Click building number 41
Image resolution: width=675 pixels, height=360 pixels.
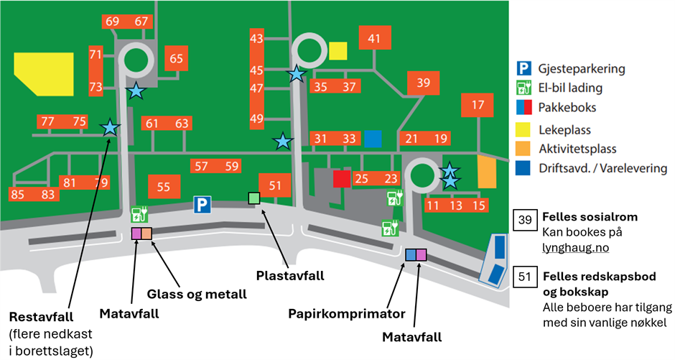pos(373,40)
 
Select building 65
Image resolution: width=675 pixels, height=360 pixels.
pos(176,59)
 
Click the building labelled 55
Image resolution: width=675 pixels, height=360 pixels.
pos(164,188)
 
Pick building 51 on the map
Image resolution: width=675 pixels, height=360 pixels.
pos(275,185)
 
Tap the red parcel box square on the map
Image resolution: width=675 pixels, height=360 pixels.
pos(341,178)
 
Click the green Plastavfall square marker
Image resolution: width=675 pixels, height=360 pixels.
pos(253,198)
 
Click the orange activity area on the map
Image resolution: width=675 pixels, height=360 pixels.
pos(487,172)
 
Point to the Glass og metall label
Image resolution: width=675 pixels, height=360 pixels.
pos(197,294)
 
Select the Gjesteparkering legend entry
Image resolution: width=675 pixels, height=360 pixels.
pos(582,69)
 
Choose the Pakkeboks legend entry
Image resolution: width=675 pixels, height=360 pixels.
pos(567,109)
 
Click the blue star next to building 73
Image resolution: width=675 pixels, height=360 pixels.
pos(135,91)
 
